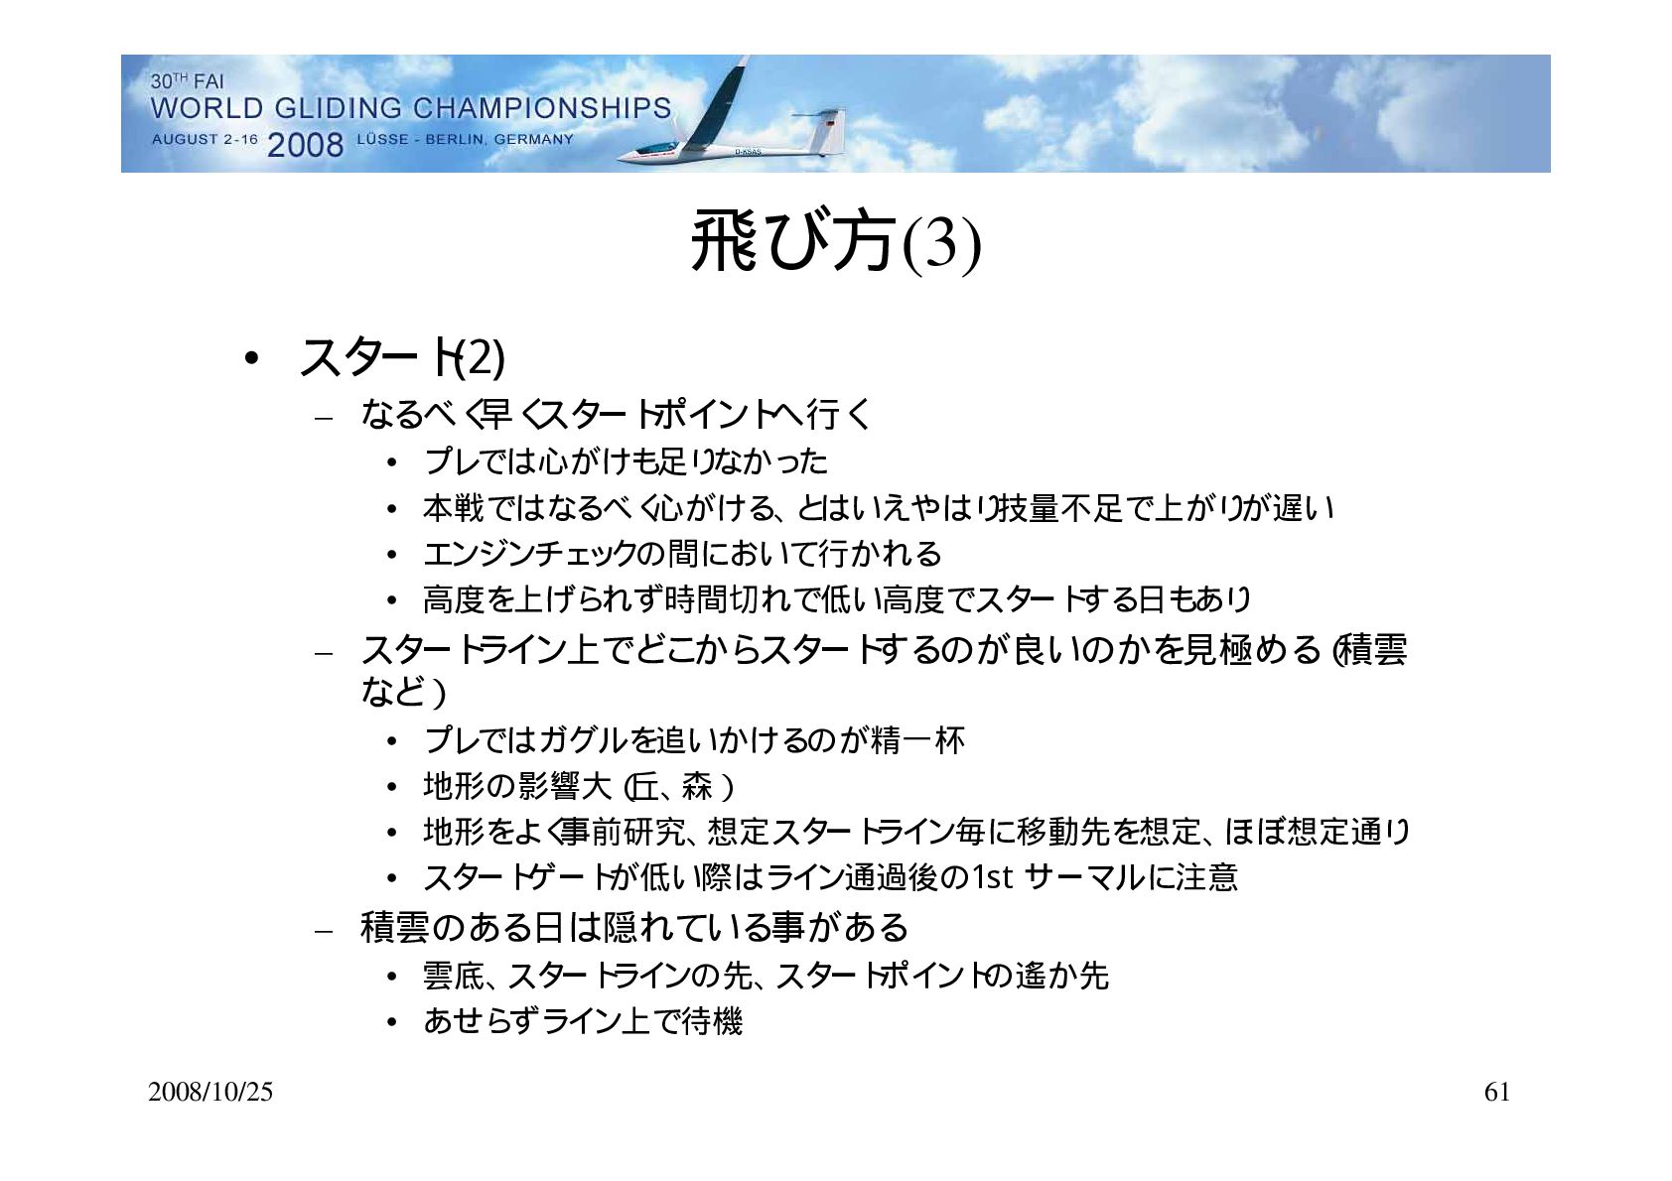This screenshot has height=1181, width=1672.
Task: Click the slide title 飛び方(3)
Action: [836, 242]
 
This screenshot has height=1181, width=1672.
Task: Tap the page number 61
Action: [1496, 1093]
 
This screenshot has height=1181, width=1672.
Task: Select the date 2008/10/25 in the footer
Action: [210, 1093]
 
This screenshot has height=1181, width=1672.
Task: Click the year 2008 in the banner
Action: [305, 144]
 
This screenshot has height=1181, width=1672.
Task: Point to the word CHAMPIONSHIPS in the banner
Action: [542, 109]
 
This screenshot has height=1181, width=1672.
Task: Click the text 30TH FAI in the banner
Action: [188, 81]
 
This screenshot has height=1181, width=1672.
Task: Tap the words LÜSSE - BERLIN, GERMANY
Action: [465, 140]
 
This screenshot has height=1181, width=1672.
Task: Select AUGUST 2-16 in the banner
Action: [205, 140]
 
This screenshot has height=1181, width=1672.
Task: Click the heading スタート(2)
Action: [402, 357]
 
